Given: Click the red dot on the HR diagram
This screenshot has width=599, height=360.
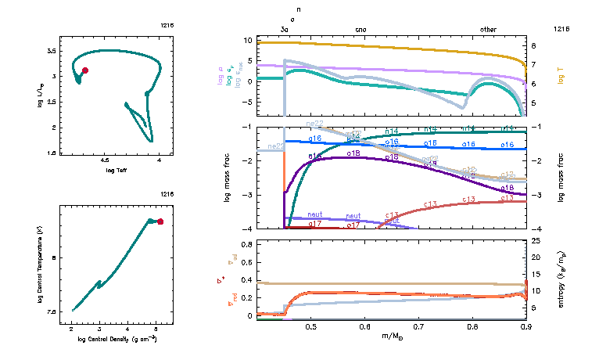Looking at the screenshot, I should coord(85,70).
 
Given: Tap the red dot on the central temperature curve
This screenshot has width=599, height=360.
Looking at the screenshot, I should coord(160,221).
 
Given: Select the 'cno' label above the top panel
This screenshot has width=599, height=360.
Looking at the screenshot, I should coord(360,30).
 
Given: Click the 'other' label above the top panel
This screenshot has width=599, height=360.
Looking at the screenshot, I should coord(488,30).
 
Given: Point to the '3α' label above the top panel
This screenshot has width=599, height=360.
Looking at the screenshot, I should coord(285,30).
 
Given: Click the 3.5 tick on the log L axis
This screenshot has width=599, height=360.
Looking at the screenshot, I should coord(52,50).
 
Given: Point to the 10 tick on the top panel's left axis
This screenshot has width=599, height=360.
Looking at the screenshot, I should coord(269,40).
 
